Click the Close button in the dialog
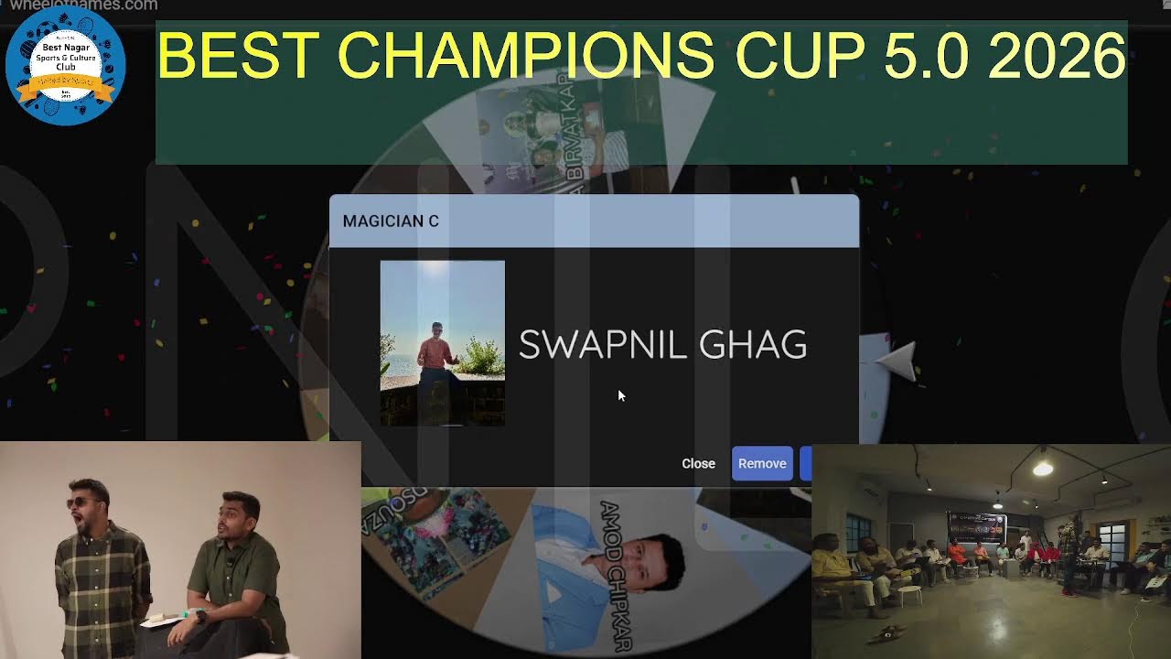[698, 463]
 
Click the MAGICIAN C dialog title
[391, 221]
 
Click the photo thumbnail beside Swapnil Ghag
[442, 342]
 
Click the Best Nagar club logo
[65, 64]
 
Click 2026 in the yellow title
[1056, 56]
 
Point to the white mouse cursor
[621, 395]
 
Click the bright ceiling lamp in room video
[1042, 469]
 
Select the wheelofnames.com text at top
[82, 5]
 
